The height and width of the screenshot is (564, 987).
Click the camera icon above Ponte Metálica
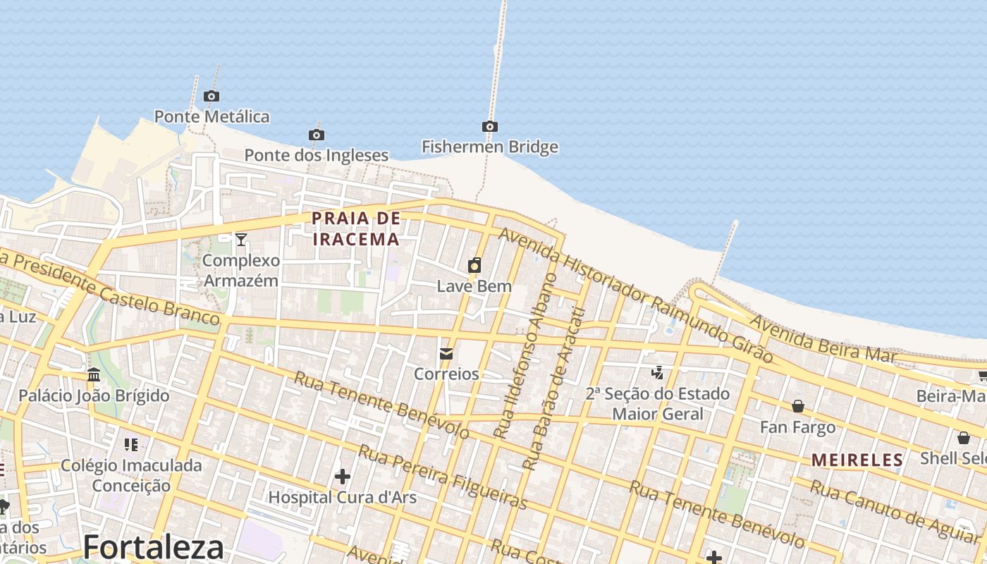click(211, 97)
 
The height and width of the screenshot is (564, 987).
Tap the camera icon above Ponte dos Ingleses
click(317, 135)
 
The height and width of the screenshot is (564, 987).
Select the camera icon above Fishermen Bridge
click(490, 127)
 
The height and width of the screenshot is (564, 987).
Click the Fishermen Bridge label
click(490, 147)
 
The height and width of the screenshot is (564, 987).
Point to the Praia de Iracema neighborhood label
click(356, 228)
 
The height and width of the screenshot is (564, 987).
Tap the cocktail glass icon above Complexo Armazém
click(241, 240)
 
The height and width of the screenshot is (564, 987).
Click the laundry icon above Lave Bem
click(474, 266)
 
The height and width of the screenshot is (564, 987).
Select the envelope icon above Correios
click(446, 354)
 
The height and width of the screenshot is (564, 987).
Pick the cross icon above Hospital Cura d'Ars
click(343, 477)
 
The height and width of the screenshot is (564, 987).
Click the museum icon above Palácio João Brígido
click(94, 375)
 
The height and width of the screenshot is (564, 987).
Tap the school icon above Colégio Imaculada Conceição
click(131, 445)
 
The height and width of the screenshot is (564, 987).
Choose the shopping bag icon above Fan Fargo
click(798, 406)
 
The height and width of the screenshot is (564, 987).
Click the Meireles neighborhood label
click(857, 460)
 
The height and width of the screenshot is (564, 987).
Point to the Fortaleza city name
click(154, 547)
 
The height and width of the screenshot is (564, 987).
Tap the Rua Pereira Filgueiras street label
click(443, 477)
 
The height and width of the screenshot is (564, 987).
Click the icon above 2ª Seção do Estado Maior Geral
click(658, 372)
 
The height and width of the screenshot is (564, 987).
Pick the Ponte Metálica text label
click(212, 116)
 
